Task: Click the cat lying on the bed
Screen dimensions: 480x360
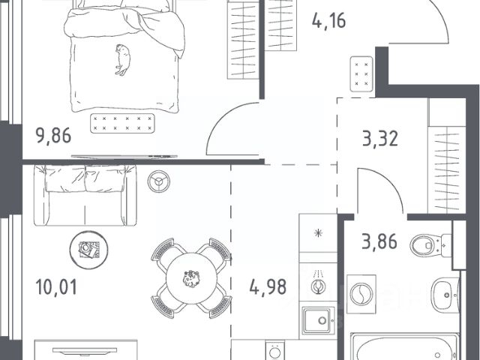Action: (x=123, y=60)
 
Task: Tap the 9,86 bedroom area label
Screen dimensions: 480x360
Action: (x=53, y=136)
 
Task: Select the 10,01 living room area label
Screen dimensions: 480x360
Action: (x=56, y=287)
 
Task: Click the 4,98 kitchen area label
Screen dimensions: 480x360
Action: (x=268, y=286)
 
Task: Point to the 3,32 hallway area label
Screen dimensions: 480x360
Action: (x=380, y=138)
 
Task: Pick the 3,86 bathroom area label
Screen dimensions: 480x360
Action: (x=379, y=241)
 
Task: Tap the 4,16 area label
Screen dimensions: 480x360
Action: (x=328, y=21)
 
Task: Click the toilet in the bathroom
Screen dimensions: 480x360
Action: (x=430, y=245)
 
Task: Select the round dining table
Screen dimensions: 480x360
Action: (x=192, y=278)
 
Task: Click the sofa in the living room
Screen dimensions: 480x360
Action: (x=85, y=195)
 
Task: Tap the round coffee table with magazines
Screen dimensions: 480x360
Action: (x=88, y=250)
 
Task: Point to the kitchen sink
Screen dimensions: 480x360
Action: (x=316, y=320)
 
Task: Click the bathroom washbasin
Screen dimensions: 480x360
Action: (x=445, y=295)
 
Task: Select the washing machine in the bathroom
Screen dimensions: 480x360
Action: (x=361, y=294)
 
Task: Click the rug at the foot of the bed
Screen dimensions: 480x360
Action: (x=122, y=123)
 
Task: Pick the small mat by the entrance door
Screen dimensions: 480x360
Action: (x=361, y=73)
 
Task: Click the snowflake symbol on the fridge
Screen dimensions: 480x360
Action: (x=318, y=233)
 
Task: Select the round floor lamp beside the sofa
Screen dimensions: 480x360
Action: (x=158, y=181)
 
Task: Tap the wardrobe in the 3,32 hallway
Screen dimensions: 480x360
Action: (x=447, y=155)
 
